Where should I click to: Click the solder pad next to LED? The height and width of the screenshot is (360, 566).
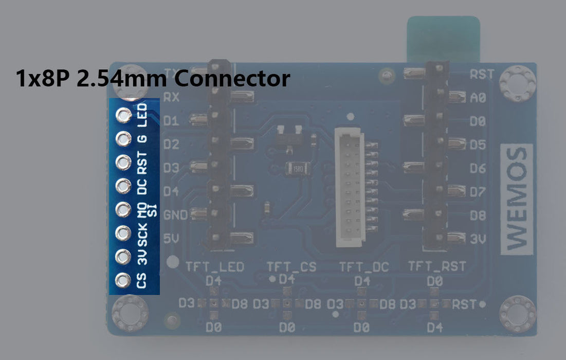pos(124,115)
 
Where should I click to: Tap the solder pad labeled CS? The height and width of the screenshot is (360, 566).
pos(123,280)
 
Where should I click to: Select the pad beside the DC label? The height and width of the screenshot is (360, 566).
pos(123,185)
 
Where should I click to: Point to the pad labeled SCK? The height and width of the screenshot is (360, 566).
pos(123,233)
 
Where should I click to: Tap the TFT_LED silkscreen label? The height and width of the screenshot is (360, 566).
pos(215,266)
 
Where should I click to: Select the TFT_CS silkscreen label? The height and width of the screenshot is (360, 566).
pos(291,266)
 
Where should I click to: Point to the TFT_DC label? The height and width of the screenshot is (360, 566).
pos(364,266)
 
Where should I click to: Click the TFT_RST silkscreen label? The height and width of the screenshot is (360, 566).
pos(437,266)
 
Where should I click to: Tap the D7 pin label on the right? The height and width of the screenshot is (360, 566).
pos(478,192)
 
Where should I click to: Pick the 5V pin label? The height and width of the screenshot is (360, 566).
pos(171,239)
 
